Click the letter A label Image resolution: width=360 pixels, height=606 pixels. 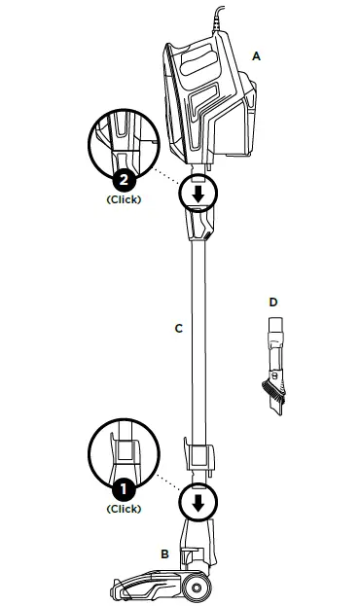coord(256,56)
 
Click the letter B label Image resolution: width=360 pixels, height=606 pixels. coord(164,553)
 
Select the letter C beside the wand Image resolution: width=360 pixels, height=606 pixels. coord(178,329)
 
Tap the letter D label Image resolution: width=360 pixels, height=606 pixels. coord(273,303)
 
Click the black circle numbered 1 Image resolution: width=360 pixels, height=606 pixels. coord(124,489)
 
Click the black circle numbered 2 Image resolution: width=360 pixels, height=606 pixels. coord(124,180)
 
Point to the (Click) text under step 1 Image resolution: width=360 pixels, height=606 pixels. coord(124,509)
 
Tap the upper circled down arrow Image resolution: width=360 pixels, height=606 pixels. coord(198,193)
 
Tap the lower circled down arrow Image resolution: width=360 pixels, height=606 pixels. coord(198,503)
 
